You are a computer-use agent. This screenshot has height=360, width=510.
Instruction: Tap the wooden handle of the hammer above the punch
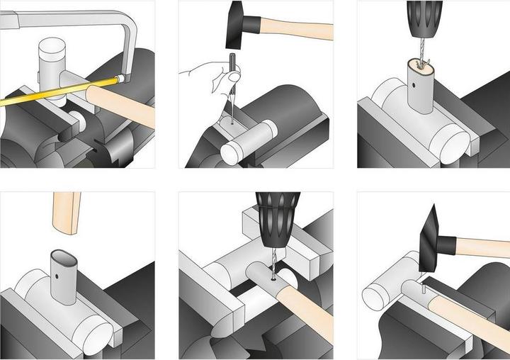coord(297,30)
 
